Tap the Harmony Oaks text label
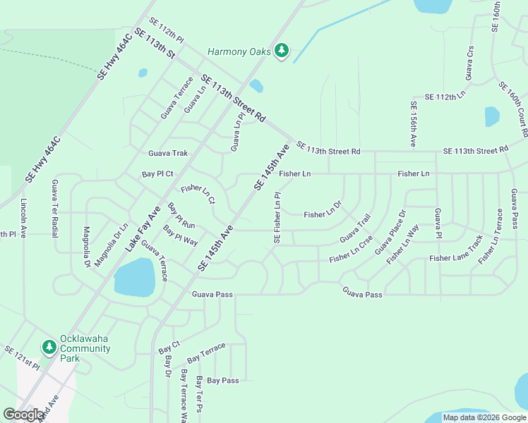[x=240, y=51]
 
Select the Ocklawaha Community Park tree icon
[x=49, y=347]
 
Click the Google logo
[x=23, y=415]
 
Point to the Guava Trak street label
[x=168, y=153]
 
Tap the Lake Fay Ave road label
[x=144, y=228]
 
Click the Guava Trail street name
[x=355, y=228]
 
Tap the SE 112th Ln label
[x=445, y=96]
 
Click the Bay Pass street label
[x=223, y=380]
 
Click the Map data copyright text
[x=484, y=417]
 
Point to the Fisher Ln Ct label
[x=198, y=194]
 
